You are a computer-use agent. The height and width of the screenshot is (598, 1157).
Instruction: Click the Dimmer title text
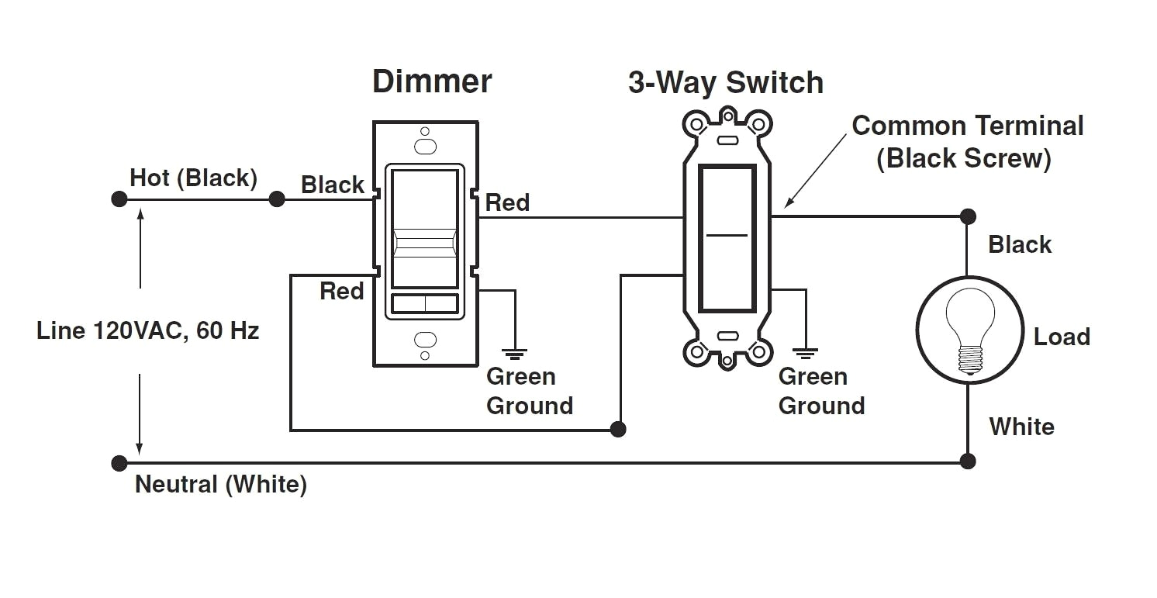point(432,81)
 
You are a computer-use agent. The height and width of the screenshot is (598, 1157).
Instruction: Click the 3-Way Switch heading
point(725,83)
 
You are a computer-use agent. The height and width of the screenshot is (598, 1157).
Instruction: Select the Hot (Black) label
point(193,178)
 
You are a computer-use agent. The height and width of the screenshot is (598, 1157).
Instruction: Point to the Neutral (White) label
point(221,485)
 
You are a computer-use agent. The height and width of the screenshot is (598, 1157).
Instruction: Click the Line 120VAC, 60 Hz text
point(147,331)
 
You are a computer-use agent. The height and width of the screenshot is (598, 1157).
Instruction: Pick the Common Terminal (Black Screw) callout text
point(967,142)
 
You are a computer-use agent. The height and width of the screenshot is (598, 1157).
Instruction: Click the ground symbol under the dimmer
point(515,354)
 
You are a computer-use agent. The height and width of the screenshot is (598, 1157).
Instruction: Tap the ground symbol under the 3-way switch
point(806,354)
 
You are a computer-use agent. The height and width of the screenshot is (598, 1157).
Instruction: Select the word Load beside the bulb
point(1062,337)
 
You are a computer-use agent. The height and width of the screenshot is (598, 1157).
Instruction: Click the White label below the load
point(1021,427)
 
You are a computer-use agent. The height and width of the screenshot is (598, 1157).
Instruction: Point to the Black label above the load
point(1020,244)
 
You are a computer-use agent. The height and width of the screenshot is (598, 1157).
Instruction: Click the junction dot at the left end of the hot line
point(119,199)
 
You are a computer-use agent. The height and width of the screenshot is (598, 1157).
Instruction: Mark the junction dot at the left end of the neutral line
point(119,463)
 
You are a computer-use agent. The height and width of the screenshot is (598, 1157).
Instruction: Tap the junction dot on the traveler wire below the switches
point(618,429)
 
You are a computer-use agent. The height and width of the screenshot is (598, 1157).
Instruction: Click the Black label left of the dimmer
point(333,185)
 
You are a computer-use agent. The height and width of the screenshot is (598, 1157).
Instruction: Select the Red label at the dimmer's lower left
point(342,292)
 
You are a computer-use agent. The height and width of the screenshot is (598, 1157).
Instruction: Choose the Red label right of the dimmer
point(507,203)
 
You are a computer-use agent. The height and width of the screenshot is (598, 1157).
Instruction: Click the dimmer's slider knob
point(424,242)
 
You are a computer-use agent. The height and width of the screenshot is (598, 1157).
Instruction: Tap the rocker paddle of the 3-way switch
point(727,237)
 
